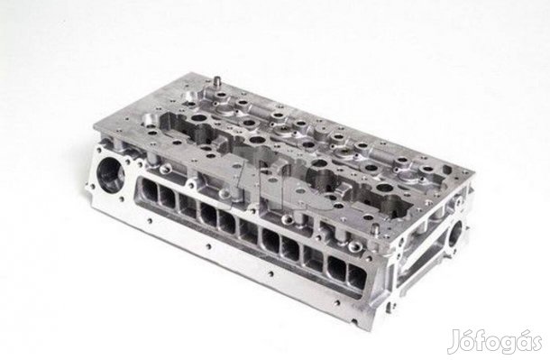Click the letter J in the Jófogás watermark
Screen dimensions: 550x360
(x=454, y=341)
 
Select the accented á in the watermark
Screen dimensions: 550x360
(x=517, y=339)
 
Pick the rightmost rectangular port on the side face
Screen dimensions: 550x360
(x=357, y=276)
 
